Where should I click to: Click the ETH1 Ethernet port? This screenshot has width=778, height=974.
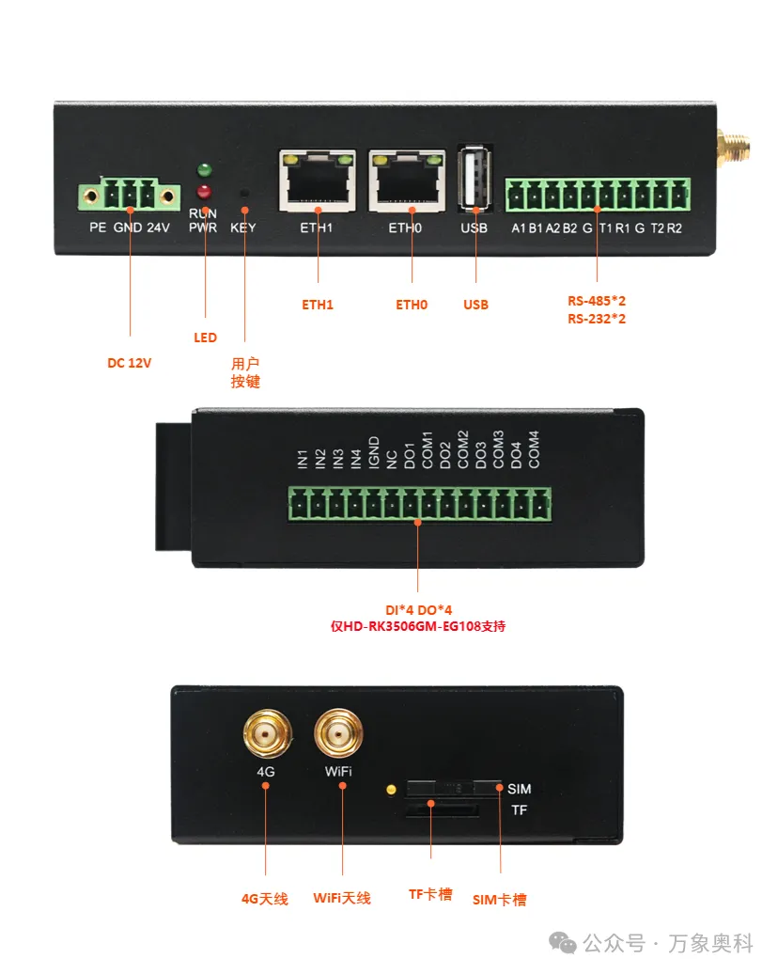point(318,181)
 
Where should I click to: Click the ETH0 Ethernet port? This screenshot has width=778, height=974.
point(407,181)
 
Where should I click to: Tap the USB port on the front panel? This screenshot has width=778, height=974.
point(475,179)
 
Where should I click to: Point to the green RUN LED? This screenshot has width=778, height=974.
point(204,169)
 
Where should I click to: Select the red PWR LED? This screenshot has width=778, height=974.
point(204,192)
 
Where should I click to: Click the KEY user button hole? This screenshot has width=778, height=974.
point(244,193)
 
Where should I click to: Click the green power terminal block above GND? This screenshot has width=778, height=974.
point(129,195)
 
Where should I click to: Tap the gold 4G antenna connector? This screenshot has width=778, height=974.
point(267,733)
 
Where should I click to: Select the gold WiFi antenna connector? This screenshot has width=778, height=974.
point(338,733)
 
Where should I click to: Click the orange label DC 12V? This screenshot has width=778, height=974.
point(129,363)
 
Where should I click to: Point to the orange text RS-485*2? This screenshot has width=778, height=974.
point(597,301)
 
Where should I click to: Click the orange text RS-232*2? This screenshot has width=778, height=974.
point(597,319)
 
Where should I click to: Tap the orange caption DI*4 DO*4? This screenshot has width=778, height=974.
point(418,610)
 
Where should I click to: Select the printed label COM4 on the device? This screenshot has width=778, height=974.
point(534,449)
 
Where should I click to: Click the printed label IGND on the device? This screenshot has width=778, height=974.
point(374,451)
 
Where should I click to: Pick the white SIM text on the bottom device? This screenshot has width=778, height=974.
point(519,789)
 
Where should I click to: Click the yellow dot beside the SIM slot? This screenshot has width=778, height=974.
point(391,790)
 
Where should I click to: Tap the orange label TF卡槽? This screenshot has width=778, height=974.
point(430,894)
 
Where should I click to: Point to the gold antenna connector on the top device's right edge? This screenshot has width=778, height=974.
point(733,149)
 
